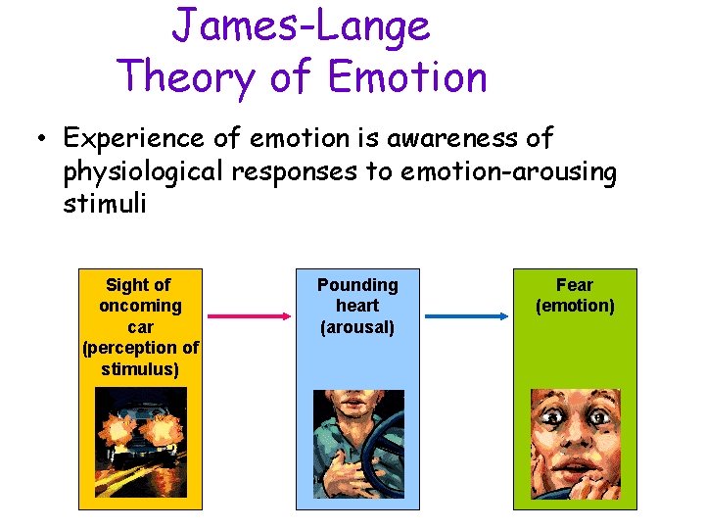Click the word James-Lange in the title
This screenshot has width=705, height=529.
[301, 26]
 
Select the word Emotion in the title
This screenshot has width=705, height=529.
[407, 76]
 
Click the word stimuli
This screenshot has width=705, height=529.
[104, 206]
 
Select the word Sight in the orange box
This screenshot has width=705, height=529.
[125, 285]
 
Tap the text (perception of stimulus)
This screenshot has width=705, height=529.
[140, 359]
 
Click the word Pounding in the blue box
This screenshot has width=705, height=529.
[357, 285]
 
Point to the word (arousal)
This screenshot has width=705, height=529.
[357, 327]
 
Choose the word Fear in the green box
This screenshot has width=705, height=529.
[575, 285]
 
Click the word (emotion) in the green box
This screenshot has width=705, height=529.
[575, 306]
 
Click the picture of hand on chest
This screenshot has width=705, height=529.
[357, 445]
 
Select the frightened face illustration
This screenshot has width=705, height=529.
[575, 444]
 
